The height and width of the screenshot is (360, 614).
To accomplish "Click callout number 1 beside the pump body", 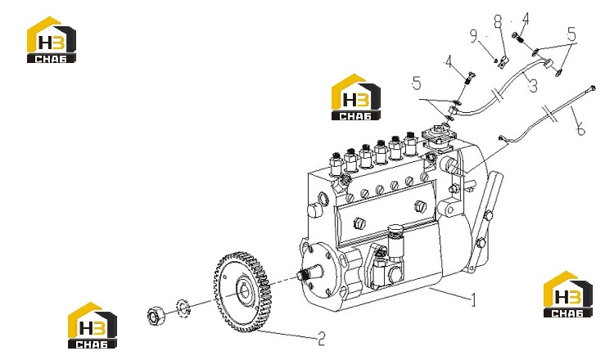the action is pos(473,300).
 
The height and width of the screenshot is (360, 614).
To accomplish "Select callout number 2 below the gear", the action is pos(321,339).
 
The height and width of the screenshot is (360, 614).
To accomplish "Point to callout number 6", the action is pos(580,128).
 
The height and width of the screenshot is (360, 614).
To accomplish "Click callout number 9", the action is pos(474,36).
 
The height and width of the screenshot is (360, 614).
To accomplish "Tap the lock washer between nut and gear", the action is pos(182,308).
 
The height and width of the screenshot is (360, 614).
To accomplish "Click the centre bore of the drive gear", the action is pos(246,291).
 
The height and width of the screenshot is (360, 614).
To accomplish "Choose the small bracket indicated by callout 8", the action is pos(503,63).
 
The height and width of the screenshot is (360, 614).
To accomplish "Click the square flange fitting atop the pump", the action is pos(439,137).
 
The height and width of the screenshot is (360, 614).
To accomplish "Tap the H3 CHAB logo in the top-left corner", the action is pos(51,40).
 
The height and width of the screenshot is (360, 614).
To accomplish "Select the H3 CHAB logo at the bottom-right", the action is pos(568,294).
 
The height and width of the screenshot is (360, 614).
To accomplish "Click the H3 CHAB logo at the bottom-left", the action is pos(93,325).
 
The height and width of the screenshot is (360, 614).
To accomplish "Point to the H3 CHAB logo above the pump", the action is pos(355,97).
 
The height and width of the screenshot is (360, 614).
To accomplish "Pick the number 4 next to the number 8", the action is pos(525,19).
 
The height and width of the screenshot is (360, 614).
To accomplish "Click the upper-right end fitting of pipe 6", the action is pos(592,88).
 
